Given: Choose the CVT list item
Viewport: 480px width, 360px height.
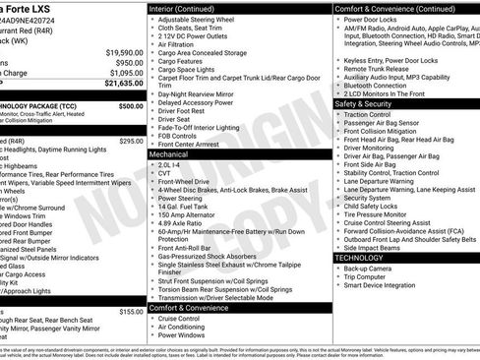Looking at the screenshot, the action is [x=165, y=173].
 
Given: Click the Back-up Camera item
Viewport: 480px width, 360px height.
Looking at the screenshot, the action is [x=367, y=268].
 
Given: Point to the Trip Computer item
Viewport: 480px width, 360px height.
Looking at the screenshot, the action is [x=366, y=276].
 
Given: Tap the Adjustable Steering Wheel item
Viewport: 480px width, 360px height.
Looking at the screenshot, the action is [x=197, y=19].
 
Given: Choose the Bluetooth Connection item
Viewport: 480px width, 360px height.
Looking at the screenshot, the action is [x=375, y=85].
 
